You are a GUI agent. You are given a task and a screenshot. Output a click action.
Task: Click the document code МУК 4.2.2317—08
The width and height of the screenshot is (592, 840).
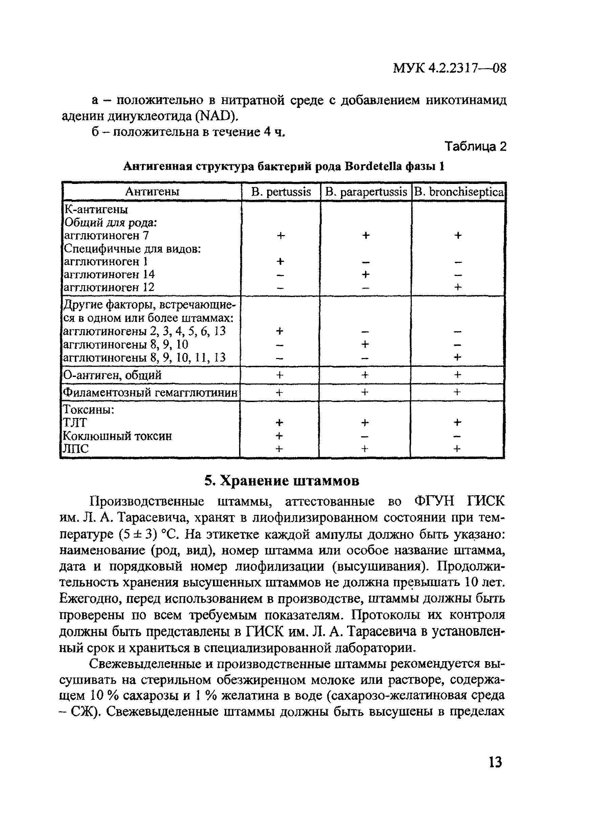pyautogui.click(x=449, y=68)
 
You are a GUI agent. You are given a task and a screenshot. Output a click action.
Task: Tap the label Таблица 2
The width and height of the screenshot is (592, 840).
pyautogui.click(x=475, y=147)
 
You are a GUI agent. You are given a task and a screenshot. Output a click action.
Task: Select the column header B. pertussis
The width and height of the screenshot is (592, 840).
pyautogui.click(x=281, y=192)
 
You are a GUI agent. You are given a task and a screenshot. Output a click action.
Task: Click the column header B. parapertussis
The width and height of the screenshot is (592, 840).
pyautogui.click(x=365, y=192)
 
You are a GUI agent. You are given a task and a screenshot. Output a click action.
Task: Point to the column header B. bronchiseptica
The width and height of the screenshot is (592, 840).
pyautogui.click(x=459, y=192)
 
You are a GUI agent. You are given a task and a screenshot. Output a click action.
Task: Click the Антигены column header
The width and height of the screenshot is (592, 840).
pyautogui.click(x=152, y=192)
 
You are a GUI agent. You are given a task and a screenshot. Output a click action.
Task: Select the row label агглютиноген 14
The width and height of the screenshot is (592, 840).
pyautogui.click(x=109, y=274)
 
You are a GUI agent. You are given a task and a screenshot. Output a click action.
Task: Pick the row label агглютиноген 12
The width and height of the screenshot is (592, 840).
pyautogui.click(x=109, y=287)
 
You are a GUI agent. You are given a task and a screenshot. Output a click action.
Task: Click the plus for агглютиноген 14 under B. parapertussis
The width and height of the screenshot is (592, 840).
pyautogui.click(x=365, y=274)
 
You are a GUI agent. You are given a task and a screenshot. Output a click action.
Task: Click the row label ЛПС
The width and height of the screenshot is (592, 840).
pyautogui.click(x=76, y=449)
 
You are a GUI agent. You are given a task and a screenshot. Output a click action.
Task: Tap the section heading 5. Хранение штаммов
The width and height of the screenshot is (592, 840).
pyautogui.click(x=282, y=481)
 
